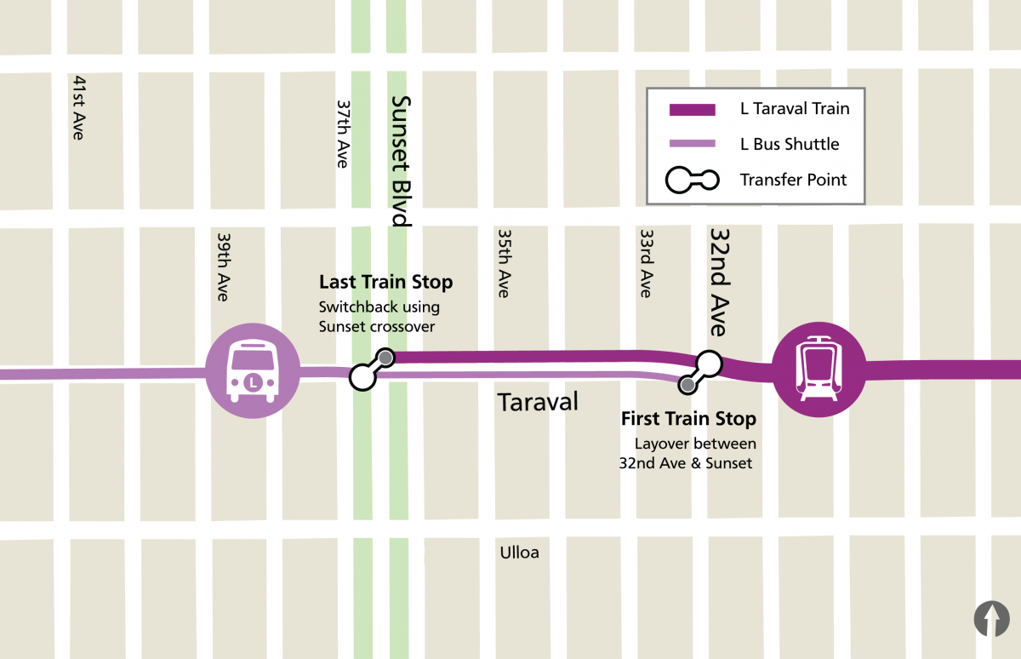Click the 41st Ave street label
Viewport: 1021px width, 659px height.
[x=79, y=107]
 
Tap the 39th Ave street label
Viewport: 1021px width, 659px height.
[x=223, y=266]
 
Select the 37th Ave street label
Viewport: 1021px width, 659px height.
[x=343, y=134]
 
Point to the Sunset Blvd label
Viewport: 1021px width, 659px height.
[x=400, y=160]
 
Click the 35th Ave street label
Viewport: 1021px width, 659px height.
[x=504, y=262]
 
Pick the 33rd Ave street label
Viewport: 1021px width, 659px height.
[x=647, y=262]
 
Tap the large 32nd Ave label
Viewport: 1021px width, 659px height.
[x=719, y=281]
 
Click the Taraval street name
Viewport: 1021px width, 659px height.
[x=538, y=402]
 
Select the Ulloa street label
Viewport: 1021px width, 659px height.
[x=519, y=553]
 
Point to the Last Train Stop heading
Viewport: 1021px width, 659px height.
[x=385, y=282]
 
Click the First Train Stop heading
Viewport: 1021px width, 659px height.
[x=688, y=419]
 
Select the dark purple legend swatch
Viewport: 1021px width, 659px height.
[x=692, y=109]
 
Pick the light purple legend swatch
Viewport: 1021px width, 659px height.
[x=692, y=144]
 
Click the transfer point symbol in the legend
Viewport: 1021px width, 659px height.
[x=692, y=180]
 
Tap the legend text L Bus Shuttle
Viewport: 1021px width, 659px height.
[x=790, y=144]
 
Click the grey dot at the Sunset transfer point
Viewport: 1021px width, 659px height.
[x=385, y=358]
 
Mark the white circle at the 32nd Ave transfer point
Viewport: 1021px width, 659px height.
[x=709, y=364]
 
